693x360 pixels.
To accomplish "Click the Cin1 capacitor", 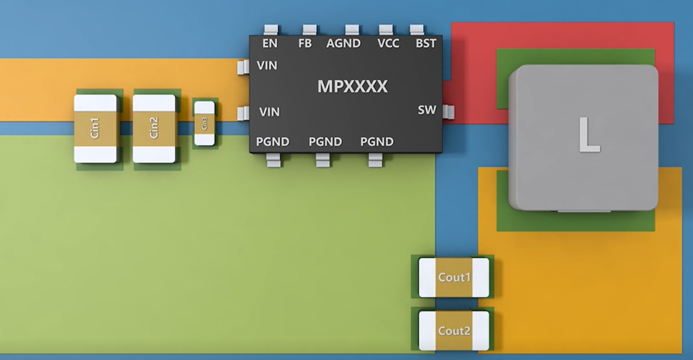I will pyautogui.click(x=95, y=129).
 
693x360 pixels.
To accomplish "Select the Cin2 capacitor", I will pyautogui.click(x=154, y=128).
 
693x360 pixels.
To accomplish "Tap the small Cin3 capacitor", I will pyautogui.click(x=204, y=123).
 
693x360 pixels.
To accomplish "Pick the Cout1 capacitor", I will pyautogui.click(x=454, y=277).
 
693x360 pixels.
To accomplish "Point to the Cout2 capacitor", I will pyautogui.click(x=454, y=331).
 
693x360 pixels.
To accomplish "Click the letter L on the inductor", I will pyautogui.click(x=588, y=135).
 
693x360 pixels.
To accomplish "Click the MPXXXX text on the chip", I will pyautogui.click(x=352, y=87).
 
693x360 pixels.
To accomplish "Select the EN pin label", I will pyautogui.click(x=270, y=44).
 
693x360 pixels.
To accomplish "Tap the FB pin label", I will pyautogui.click(x=305, y=44).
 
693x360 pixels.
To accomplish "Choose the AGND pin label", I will pyautogui.click(x=344, y=44).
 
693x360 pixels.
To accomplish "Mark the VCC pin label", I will pyautogui.click(x=389, y=44).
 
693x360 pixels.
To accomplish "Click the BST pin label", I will pyautogui.click(x=426, y=44).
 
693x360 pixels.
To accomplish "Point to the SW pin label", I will pyautogui.click(x=427, y=110).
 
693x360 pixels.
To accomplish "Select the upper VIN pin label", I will pyautogui.click(x=268, y=65).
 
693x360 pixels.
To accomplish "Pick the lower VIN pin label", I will pyautogui.click(x=269, y=112).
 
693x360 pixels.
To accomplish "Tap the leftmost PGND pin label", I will pyautogui.click(x=273, y=141).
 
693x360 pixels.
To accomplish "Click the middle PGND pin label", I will pyautogui.click(x=325, y=141).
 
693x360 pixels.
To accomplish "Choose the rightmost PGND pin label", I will pyautogui.click(x=377, y=141).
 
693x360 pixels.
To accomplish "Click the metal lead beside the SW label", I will pyautogui.click(x=449, y=111).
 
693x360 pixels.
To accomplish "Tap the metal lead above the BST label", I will pyautogui.click(x=417, y=30).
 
